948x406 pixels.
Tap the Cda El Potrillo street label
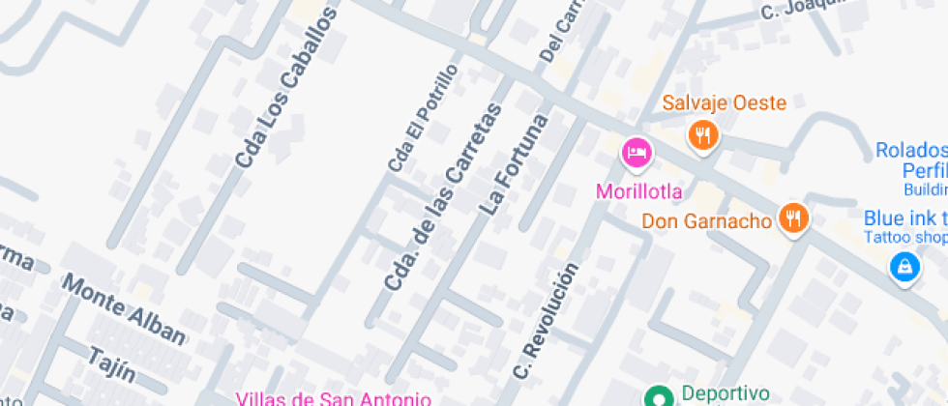coord(421,118)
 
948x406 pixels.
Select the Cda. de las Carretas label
coord(444,197)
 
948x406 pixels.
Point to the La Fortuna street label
coord(519,164)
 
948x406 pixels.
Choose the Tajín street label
coord(112,364)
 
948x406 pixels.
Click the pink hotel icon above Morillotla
coord(637,151)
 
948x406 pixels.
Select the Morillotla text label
coord(639,190)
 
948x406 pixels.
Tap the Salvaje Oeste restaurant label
coord(724,102)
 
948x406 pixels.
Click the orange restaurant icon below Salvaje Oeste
coord(702,134)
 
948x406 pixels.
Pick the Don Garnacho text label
coord(706,221)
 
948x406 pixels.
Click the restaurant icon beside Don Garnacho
coord(794,218)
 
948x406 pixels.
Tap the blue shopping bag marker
coord(904,266)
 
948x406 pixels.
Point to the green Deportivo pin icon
coord(661,396)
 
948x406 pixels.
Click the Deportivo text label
coord(725,393)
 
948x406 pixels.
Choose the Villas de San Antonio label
coord(334,397)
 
